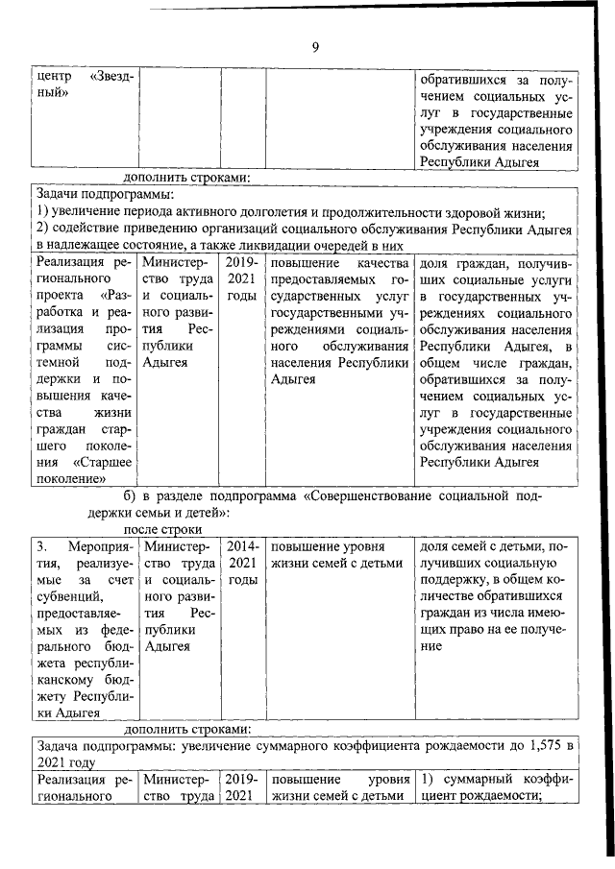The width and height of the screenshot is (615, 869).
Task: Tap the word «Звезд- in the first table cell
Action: point(112,77)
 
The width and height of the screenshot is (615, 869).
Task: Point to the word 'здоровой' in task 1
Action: point(468,212)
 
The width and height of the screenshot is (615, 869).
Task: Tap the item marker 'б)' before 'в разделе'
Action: point(131,495)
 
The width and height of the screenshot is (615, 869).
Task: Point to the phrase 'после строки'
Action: point(160,529)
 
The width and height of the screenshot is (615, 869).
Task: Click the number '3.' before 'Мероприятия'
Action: point(42,546)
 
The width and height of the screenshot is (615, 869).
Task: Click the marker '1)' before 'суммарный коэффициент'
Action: point(429,780)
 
